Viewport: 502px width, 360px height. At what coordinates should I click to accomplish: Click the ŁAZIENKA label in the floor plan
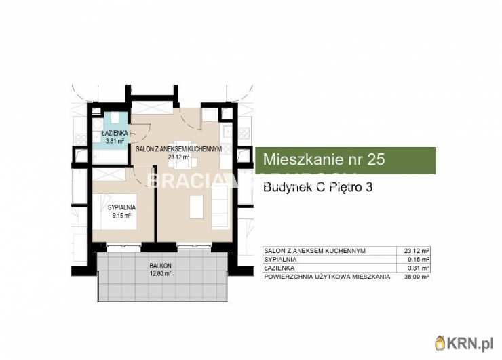point(115,134)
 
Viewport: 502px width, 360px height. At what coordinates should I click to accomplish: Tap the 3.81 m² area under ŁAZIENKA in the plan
point(115,141)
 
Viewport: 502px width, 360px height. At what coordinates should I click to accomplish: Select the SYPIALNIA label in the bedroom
point(123,207)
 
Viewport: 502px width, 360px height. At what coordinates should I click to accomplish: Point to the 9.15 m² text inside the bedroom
point(123,216)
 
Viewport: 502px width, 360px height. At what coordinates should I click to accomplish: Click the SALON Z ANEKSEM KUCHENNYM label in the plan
point(179,149)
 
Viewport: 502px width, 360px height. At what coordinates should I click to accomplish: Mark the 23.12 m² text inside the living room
point(179,157)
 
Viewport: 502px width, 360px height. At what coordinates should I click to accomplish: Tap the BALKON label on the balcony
point(160,266)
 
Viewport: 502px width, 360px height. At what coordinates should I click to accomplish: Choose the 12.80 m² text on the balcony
point(160,274)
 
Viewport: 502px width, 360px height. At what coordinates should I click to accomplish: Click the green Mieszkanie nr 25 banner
point(345,160)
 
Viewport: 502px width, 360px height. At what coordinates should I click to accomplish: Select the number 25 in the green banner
point(375,160)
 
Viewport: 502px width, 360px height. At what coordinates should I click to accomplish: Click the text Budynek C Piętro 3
point(317,188)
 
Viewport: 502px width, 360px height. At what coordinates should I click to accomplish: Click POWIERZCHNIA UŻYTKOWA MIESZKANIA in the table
point(327,276)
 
